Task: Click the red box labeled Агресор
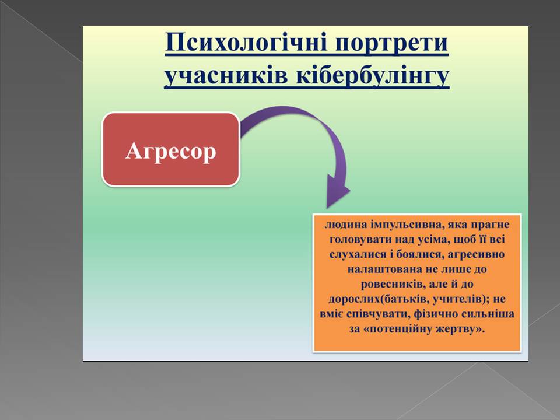pos(171,149)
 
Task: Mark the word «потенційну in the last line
pos(395,329)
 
